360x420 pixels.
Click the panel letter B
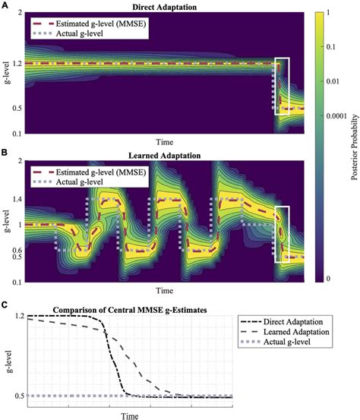(x=5, y=151)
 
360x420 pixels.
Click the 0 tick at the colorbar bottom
(x=328, y=279)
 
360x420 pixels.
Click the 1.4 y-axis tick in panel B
(x=15, y=198)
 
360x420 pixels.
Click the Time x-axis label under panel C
(x=132, y=415)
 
